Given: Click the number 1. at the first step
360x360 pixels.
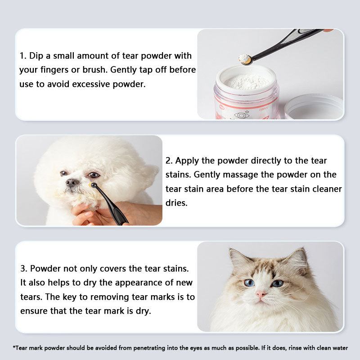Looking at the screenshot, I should coord(23,56).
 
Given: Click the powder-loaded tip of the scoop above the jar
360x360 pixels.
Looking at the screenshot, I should coord(245,58).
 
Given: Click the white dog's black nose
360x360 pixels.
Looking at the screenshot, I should coord(72,182).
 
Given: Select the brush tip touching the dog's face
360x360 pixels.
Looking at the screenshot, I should coord(94,185).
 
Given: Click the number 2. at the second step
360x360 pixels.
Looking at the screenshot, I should coord(170,161).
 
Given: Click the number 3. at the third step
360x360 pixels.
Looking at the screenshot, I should coord(23,268).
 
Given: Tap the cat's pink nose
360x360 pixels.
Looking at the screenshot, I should coord(261,294).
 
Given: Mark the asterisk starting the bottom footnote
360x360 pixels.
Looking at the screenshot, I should coord(14,347).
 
